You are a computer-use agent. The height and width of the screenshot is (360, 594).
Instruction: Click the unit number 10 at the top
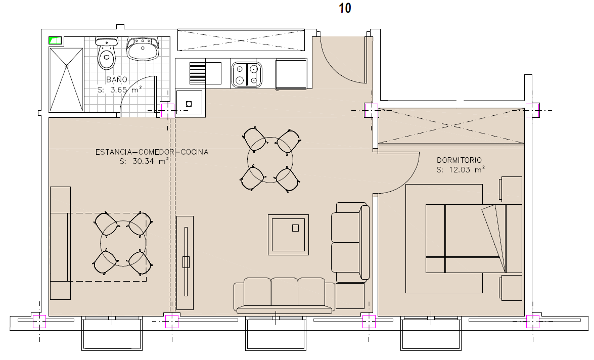tap(345, 8)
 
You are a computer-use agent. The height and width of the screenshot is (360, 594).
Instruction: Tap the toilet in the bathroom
tap(107, 53)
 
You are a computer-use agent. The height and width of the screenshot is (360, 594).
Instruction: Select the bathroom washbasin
tap(143, 49)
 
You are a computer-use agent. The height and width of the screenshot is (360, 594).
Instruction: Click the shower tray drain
tap(66, 66)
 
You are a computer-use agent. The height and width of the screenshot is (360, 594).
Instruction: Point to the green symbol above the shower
tap(55, 40)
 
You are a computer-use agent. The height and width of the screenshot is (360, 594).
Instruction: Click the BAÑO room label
tap(117, 79)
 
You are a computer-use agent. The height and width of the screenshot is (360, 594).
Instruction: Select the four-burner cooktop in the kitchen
tap(247, 75)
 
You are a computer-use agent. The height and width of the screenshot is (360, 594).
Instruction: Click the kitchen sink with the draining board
tap(205, 73)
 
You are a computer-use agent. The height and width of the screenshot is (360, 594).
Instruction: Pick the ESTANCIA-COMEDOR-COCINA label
tap(152, 152)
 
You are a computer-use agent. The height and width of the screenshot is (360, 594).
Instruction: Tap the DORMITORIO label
tap(459, 160)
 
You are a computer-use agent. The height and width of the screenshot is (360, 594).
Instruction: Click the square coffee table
tap(288, 235)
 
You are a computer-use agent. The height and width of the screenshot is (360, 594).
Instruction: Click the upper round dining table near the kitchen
tap(270, 160)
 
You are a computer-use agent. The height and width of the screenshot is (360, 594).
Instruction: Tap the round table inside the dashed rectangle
tap(123, 243)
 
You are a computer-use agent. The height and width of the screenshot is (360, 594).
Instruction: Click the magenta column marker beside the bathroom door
tap(167, 111)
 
